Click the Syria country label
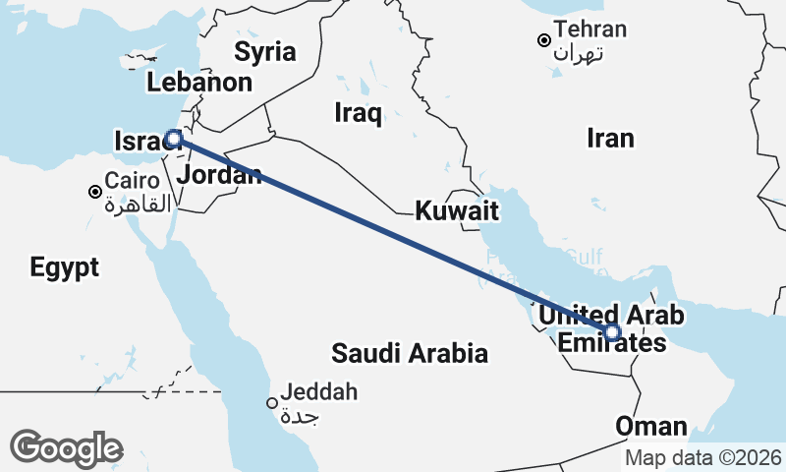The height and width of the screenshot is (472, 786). tap(264, 51)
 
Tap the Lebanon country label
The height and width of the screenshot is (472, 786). tap(199, 83)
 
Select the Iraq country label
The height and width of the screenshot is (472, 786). tap(357, 113)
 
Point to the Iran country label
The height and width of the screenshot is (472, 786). tap(610, 138)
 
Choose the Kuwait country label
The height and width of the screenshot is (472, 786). tap(457, 210)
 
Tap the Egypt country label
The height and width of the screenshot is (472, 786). tap(64, 267)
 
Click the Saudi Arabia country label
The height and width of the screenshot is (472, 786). tap(410, 353)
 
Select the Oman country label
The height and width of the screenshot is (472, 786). tap(650, 427)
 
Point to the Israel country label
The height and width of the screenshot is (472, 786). tap(139, 142)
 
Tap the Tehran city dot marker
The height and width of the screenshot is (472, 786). tap(542, 40)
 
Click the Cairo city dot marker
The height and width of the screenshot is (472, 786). tap(95, 192)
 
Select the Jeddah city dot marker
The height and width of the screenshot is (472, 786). tap(272, 402)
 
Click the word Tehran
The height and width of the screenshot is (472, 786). tap(589, 29)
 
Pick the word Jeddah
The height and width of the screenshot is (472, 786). tap(318, 393)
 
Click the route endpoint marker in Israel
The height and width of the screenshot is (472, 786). tap(173, 139)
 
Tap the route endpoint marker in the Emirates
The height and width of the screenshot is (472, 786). tap(612, 332)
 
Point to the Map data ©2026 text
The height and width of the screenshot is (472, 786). tap(702, 457)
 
